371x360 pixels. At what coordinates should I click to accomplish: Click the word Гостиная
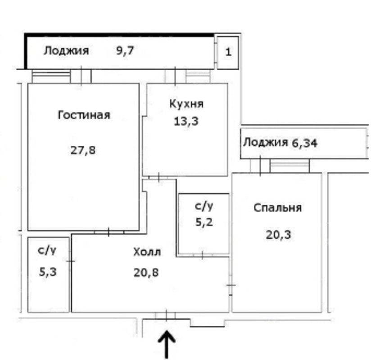pyautogui.click(x=84, y=115)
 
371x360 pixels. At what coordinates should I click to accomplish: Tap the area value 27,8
pyautogui.click(x=83, y=150)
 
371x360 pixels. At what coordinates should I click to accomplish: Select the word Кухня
pyautogui.click(x=186, y=104)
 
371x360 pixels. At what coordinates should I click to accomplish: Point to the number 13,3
pyautogui.click(x=186, y=121)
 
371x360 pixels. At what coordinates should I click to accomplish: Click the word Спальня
pyautogui.click(x=277, y=208)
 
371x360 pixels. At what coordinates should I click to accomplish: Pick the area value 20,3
pyautogui.click(x=278, y=235)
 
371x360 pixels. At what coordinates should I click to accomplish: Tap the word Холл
pyautogui.click(x=147, y=252)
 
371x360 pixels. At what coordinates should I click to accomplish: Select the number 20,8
pyautogui.click(x=146, y=273)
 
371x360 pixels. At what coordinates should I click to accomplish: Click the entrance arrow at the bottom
pyautogui.click(x=167, y=345)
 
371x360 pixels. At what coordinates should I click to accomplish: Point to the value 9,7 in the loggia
pyautogui.click(x=125, y=50)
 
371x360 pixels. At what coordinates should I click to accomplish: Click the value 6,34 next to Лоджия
pyautogui.click(x=304, y=143)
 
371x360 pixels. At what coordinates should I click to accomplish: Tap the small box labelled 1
pyautogui.click(x=228, y=53)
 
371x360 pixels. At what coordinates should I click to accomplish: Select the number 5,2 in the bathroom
pyautogui.click(x=204, y=222)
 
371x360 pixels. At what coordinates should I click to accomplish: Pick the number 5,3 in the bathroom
pyautogui.click(x=48, y=272)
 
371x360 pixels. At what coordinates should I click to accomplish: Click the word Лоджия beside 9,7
pyautogui.click(x=66, y=51)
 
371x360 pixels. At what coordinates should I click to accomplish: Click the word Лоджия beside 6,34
pyautogui.click(x=266, y=142)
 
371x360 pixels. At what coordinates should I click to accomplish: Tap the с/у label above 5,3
pyautogui.click(x=47, y=251)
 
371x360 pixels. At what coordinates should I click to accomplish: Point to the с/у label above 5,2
pyautogui.click(x=204, y=206)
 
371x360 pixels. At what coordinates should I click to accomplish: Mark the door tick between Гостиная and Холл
pyautogui.click(x=109, y=232)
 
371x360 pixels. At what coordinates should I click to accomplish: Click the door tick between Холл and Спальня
pyautogui.click(x=231, y=285)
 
